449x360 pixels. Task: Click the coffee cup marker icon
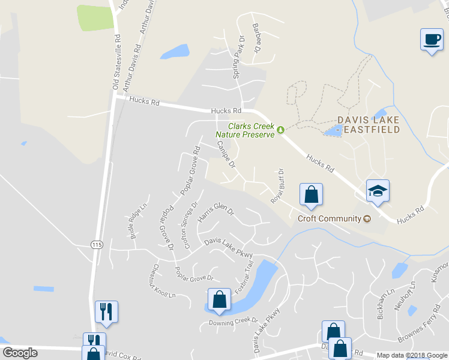click(x=430, y=40)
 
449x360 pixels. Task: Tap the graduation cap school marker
click(x=378, y=191)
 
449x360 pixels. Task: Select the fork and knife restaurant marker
click(x=106, y=311)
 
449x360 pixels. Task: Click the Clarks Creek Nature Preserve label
click(x=251, y=130)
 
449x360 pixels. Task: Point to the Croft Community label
click(x=330, y=218)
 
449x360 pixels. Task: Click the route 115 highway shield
click(x=97, y=244)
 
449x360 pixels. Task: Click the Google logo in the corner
click(x=20, y=353)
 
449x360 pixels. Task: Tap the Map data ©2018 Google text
click(x=412, y=355)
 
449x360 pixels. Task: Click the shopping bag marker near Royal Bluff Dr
click(x=311, y=195)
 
